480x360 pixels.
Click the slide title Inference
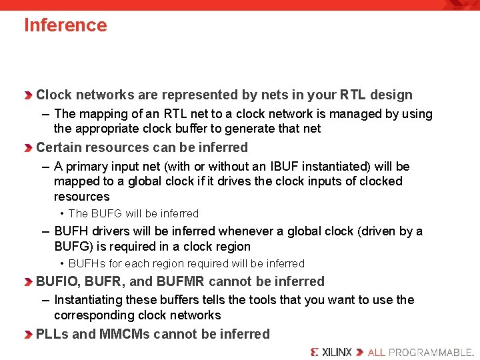click(x=65, y=25)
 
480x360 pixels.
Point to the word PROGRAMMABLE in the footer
click(x=431, y=352)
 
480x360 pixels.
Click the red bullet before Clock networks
click(x=28, y=95)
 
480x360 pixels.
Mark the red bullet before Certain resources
click(x=28, y=148)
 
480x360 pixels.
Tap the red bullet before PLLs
click(x=28, y=335)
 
